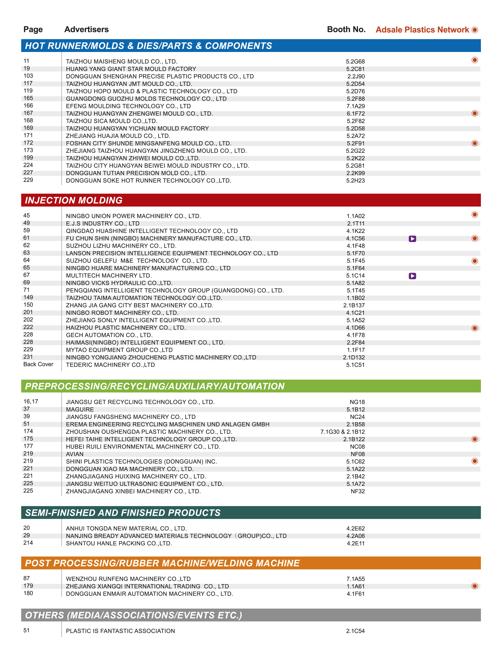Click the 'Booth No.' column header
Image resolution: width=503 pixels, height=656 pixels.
(346, 29)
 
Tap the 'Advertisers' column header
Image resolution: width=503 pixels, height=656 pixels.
(87, 29)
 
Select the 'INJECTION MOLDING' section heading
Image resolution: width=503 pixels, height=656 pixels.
(74, 200)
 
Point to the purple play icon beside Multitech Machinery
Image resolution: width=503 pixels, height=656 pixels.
(412, 276)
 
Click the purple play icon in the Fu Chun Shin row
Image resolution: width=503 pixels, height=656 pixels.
(412, 239)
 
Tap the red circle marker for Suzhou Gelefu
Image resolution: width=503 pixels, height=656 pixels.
(474, 261)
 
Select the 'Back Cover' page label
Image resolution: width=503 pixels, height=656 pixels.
(38, 364)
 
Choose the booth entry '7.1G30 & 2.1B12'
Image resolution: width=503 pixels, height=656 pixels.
(343, 432)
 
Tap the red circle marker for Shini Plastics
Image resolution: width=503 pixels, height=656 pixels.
(474, 461)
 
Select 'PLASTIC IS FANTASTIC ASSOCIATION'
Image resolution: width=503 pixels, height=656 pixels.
(120, 631)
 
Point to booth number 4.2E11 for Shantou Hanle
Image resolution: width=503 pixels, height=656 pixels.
(356, 543)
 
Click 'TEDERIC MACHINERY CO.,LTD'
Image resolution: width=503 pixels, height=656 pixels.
(111, 365)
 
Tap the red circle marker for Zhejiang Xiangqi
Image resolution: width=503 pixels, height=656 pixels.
(474, 586)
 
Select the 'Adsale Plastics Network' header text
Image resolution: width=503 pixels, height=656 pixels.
(422, 30)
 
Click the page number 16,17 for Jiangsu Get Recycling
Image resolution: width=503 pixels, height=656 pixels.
(31, 401)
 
